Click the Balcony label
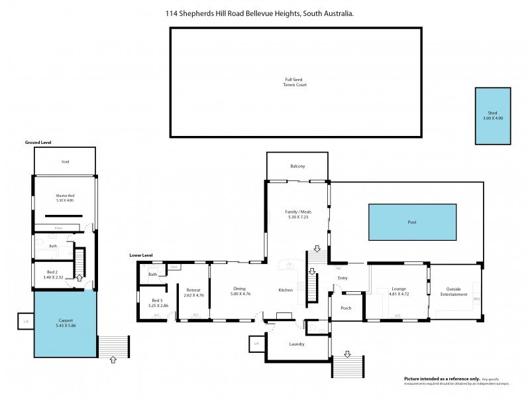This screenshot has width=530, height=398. tap(297, 166)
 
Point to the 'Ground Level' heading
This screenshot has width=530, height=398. tap(38, 142)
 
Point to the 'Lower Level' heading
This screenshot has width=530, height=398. tap(141, 255)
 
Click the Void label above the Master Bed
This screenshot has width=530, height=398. tap(65, 162)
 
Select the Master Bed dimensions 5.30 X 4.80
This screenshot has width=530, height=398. tap(65, 200)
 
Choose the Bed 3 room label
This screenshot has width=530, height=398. tap(157, 300)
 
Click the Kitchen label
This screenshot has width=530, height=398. tap(286, 291)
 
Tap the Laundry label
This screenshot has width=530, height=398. tap(297, 344)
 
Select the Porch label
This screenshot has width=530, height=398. tap(345, 308)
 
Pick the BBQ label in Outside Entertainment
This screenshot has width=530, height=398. tap(476, 299)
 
